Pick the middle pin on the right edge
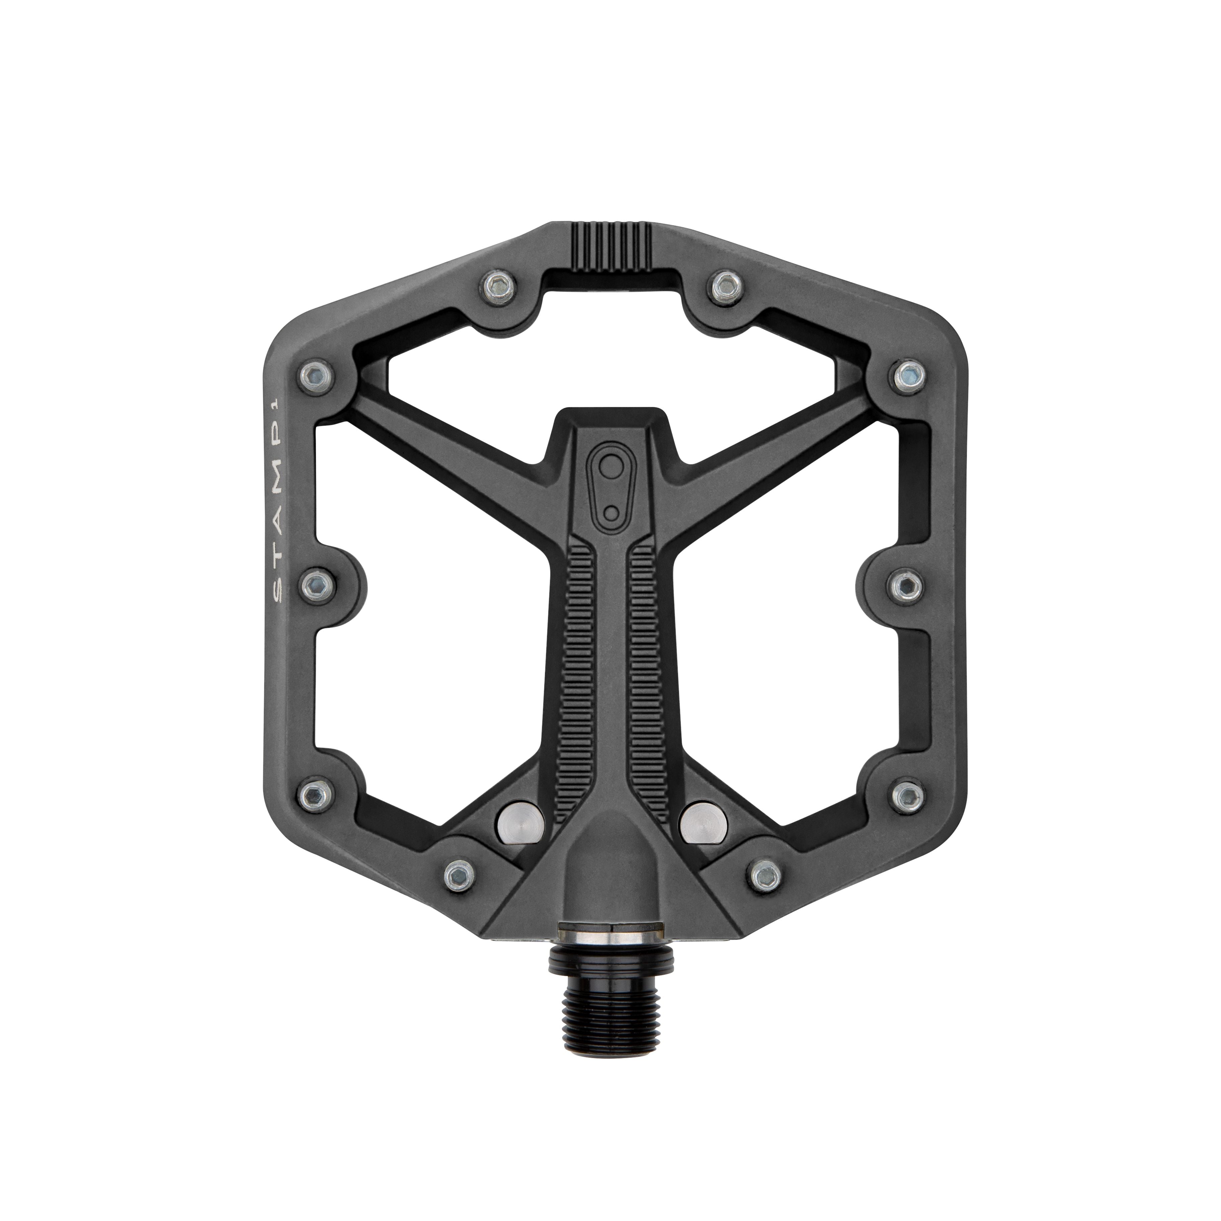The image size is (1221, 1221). tap(907, 586)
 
